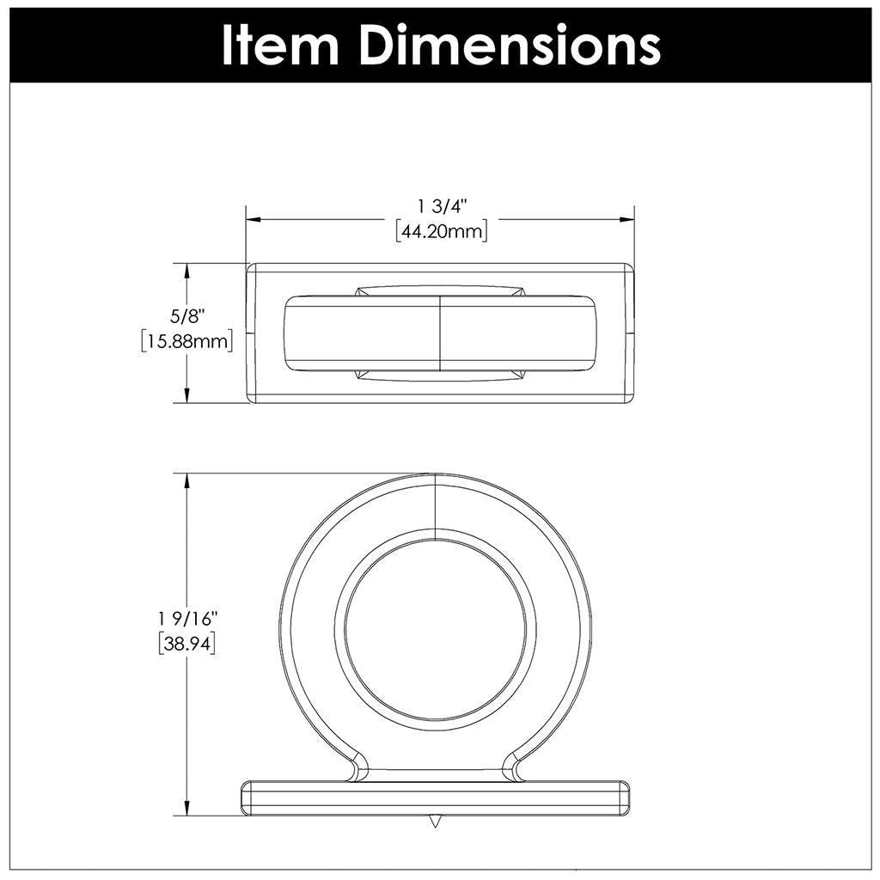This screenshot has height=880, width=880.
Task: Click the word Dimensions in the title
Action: [510, 45]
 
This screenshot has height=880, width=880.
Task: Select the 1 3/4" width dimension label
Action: [441, 206]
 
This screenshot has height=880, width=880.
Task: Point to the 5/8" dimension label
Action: [186, 316]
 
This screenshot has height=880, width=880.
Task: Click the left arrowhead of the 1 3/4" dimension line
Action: [254, 219]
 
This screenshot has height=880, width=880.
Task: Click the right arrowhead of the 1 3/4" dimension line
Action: [627, 219]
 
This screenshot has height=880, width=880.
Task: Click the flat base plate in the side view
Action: [437, 798]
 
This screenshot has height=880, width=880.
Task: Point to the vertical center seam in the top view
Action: [441, 335]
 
